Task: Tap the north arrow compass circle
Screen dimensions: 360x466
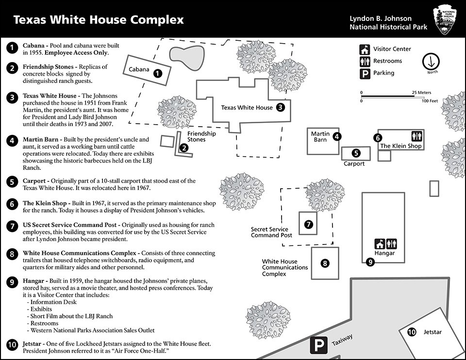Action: pyautogui.click(x=431, y=61)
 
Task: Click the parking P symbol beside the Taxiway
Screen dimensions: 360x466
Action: pyautogui.click(x=318, y=345)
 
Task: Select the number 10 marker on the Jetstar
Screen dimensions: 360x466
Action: pyautogui.click(x=412, y=332)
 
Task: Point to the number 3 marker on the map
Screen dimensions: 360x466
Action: pyautogui.click(x=280, y=108)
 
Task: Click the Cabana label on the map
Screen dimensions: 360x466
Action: pyautogui.click(x=139, y=69)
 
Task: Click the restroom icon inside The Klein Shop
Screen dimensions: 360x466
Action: pyautogui.click(x=416, y=136)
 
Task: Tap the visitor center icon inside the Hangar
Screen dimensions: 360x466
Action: pyautogui.click(x=379, y=244)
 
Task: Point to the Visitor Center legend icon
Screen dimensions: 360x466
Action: pyautogui.click(x=365, y=49)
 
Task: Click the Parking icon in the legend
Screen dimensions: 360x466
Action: pyautogui.click(x=365, y=73)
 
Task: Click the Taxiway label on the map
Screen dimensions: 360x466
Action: pyautogui.click(x=342, y=340)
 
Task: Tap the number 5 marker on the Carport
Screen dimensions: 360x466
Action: pyautogui.click(x=356, y=153)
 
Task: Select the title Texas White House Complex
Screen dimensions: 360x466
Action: pyautogui.click(x=99, y=20)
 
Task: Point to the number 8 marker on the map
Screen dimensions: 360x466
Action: pyautogui.click(x=325, y=263)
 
